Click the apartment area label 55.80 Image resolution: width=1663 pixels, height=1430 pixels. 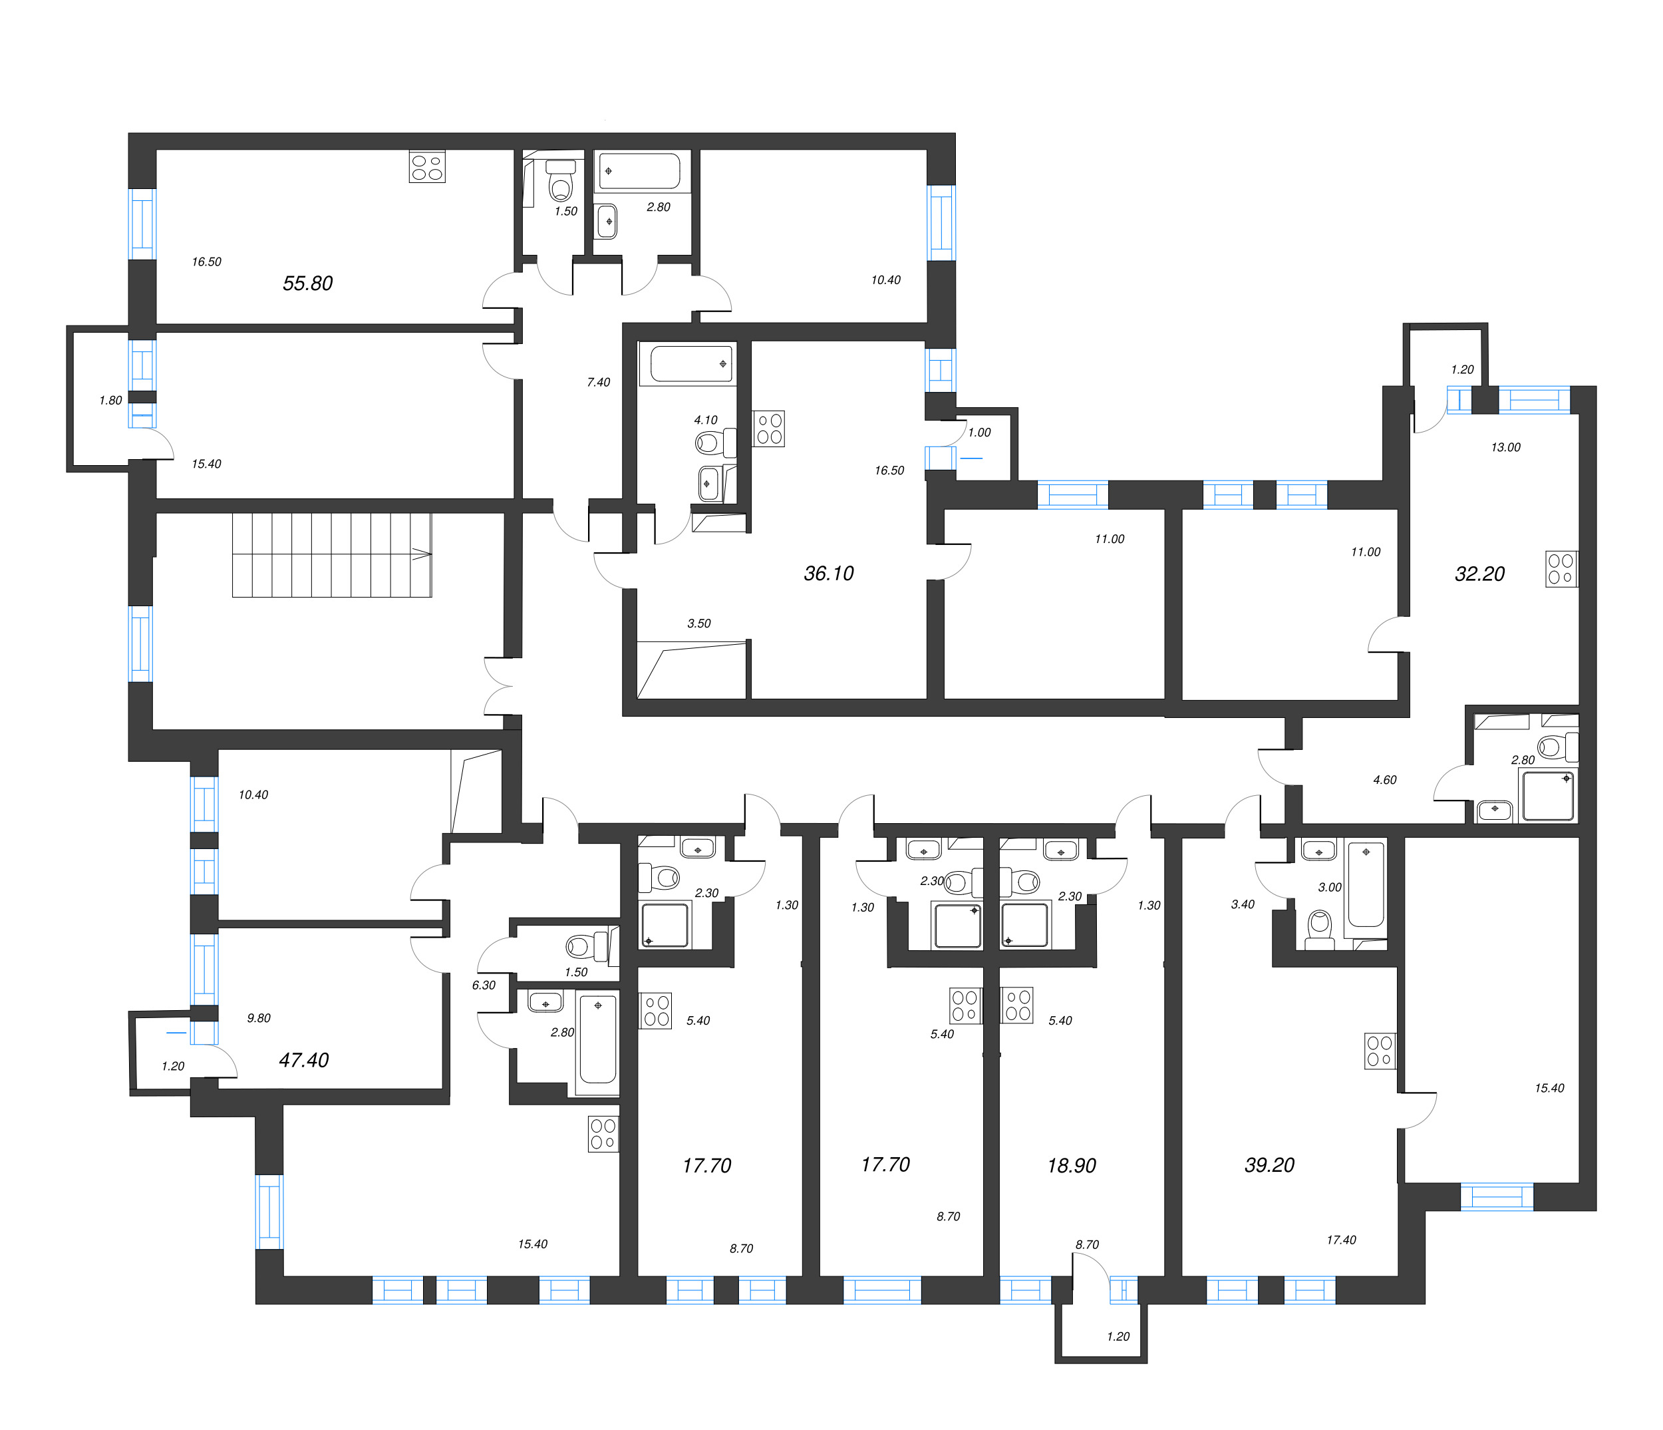point(307,283)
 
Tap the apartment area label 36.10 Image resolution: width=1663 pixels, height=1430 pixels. point(828,574)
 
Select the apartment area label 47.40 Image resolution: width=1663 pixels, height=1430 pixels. point(303,1060)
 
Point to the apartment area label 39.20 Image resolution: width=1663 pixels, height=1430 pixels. point(1269,1165)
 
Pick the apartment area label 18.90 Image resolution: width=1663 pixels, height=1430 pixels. point(1071,1166)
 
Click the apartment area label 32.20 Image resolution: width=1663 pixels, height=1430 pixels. point(1479,574)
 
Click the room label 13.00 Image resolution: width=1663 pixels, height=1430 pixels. point(1505,448)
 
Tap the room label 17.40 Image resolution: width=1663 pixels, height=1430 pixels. point(1340,1240)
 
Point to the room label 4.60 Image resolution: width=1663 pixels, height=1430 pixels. point(1384,780)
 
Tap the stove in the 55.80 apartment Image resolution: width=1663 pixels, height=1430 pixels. point(427,167)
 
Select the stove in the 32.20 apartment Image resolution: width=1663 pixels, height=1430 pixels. point(1561,568)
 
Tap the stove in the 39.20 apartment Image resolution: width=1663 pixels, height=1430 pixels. point(1380,1051)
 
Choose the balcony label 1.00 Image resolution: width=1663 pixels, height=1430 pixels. point(979,433)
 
